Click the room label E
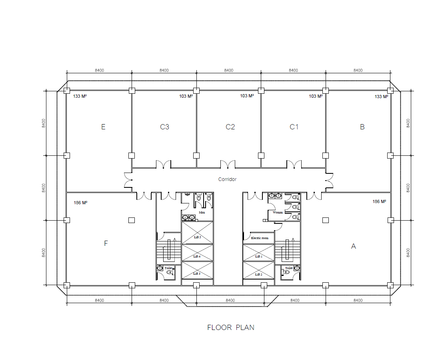[103, 127]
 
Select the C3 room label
[164, 127]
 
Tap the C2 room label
[230, 127]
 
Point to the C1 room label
[294, 127]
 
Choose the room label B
[362, 127]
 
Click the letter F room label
[106, 243]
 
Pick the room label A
[353, 246]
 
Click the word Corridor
[227, 179]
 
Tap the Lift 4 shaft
[198, 253]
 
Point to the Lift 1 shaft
[259, 253]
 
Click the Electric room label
[260, 238]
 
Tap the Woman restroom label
[278, 213]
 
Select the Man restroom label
[202, 212]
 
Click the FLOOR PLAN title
[230, 328]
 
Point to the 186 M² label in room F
[80, 203]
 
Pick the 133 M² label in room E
[80, 97]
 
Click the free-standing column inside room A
[326, 220]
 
